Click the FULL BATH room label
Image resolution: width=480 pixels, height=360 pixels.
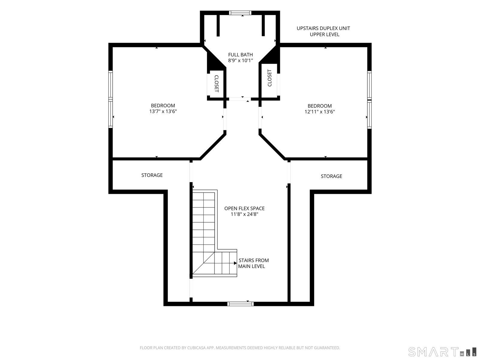coord(240,55)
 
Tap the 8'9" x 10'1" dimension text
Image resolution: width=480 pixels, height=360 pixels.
coord(240,60)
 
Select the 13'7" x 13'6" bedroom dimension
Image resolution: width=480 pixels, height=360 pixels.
coord(163,111)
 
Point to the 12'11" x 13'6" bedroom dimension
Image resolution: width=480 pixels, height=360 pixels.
coord(319,112)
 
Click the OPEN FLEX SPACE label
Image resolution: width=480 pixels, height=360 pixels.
coord(244,208)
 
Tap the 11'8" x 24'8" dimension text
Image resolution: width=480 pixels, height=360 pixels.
coord(244,214)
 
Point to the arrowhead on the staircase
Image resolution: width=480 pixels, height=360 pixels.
coord(235,263)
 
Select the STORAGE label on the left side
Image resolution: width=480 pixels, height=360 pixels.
coord(152,175)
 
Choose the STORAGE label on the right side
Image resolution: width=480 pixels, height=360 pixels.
coord(331,176)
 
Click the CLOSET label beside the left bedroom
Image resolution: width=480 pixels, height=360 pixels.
coord(216,83)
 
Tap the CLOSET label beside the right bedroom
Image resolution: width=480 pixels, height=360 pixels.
coord(270,78)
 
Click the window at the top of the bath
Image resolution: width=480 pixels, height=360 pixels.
coord(240,13)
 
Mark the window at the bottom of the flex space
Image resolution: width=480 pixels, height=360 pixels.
coord(241,304)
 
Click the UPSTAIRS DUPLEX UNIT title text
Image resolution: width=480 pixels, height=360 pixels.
coord(323,28)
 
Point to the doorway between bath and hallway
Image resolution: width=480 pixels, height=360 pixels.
coord(240,99)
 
